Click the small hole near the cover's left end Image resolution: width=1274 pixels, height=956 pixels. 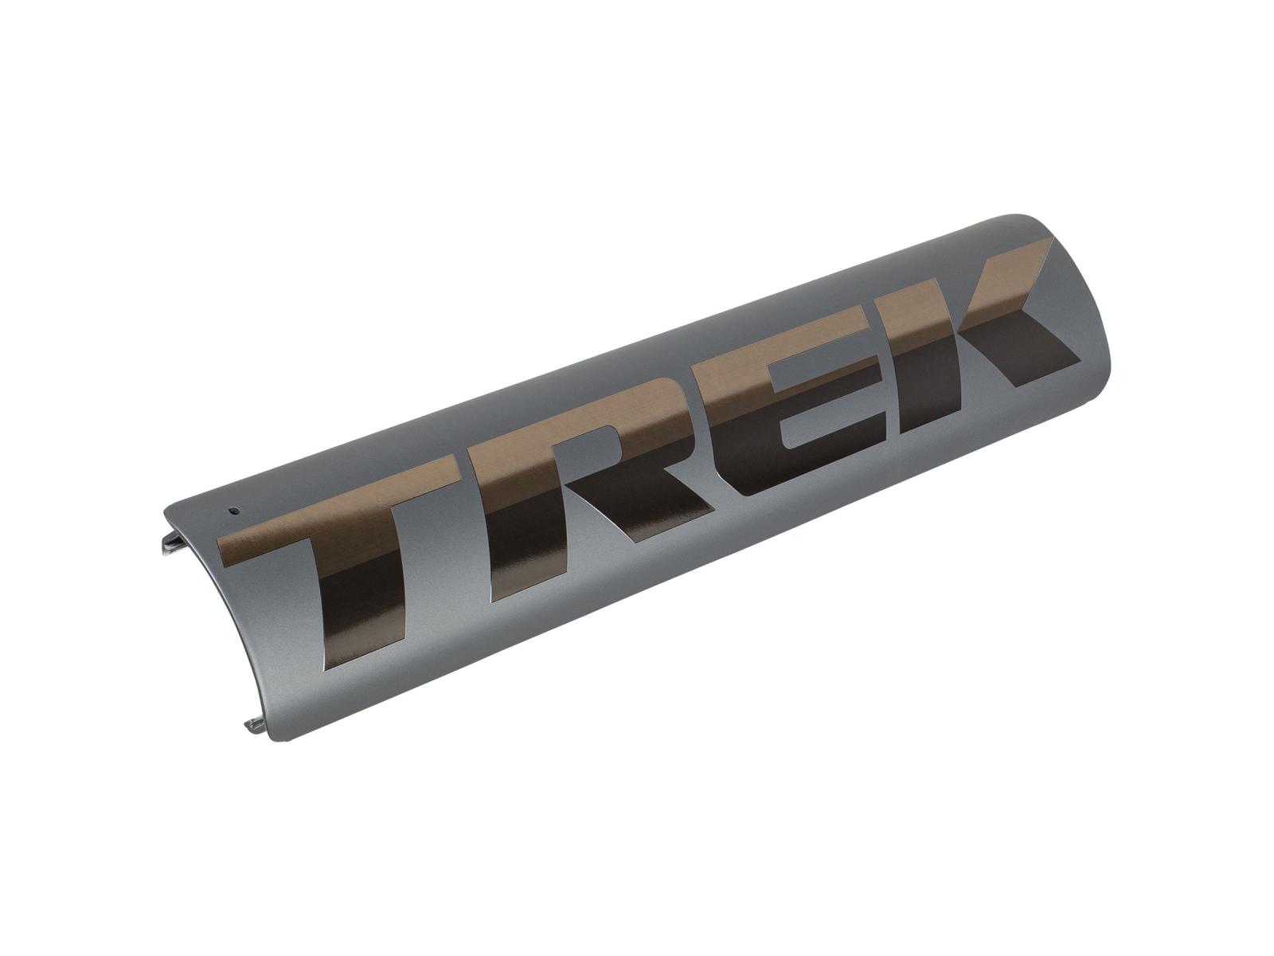click(234, 510)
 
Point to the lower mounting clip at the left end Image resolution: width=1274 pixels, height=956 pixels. click(256, 723)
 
